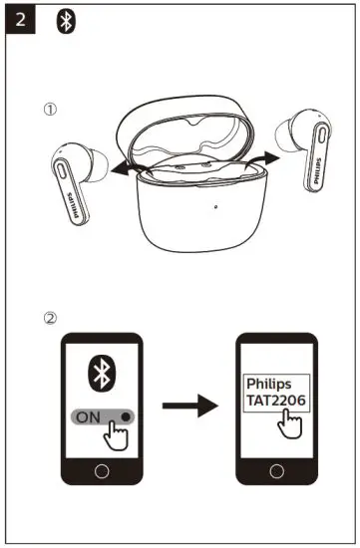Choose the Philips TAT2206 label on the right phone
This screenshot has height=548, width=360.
point(277,393)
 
